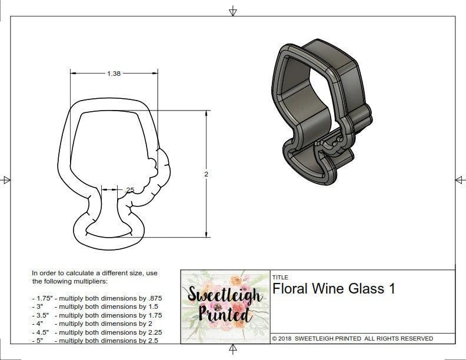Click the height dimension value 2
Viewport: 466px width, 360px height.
pyautogui.click(x=207, y=174)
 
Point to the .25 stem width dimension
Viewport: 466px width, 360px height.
pyautogui.click(x=129, y=189)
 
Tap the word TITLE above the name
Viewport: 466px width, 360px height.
pyautogui.click(x=280, y=277)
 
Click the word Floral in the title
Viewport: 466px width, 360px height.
pyautogui.click(x=291, y=289)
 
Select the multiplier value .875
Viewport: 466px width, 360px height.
pyautogui.click(x=152, y=298)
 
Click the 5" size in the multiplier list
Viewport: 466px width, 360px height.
pyautogui.click(x=38, y=341)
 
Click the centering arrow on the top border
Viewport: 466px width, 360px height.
pyautogui.click(x=233, y=11)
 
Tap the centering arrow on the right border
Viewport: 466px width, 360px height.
pyautogui.click(x=459, y=179)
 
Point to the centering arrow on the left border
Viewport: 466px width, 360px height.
pyautogui.click(x=6, y=179)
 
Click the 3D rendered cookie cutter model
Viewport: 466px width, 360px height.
pyautogui.click(x=321, y=112)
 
